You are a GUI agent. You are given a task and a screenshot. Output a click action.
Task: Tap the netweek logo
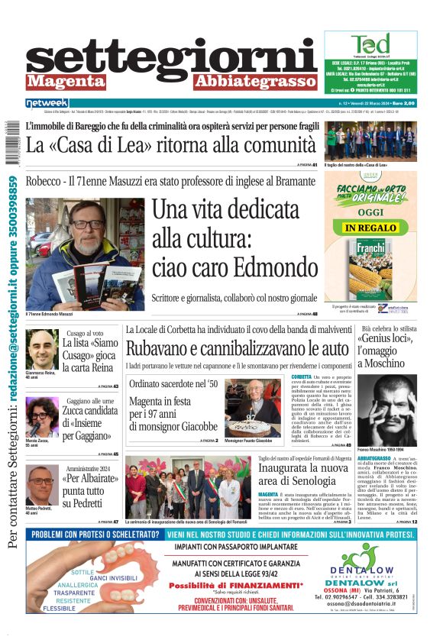click(47, 103)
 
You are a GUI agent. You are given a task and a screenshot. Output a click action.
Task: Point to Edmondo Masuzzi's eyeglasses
click(90, 225)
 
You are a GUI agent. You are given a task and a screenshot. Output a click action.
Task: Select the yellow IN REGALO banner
click(370, 228)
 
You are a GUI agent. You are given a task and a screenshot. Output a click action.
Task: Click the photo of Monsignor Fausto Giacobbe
click(252, 407)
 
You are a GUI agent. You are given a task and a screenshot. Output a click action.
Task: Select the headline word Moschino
click(384, 364)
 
